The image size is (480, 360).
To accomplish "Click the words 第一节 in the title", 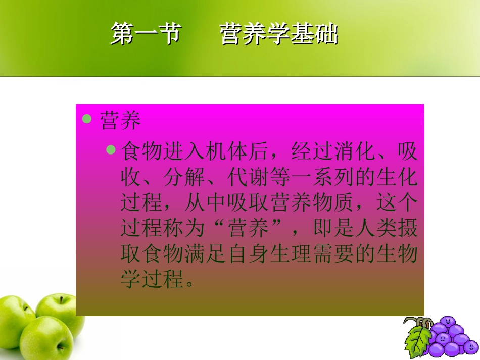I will pos(146,35).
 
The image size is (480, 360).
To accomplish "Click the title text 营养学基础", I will pos(278,35).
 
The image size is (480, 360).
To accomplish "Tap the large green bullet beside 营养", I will pos(87,119).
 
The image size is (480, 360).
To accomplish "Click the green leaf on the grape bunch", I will pos(418,339).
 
